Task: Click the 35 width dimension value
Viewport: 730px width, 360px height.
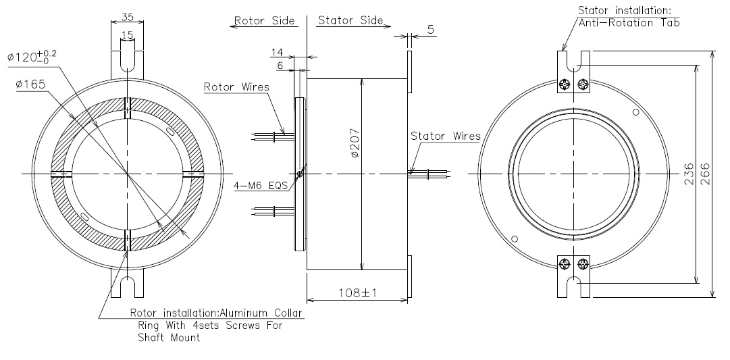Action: point(126,16)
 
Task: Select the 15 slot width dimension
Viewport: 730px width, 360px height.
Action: point(127,34)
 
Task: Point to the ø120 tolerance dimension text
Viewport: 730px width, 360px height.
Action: point(32,57)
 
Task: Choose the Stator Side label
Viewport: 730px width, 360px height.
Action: point(350,21)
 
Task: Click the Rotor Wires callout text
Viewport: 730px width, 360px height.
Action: point(236,87)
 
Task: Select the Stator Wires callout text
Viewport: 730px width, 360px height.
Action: point(445,136)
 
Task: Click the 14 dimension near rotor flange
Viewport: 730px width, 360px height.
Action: point(277,52)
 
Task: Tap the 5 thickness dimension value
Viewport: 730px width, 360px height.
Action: point(431,30)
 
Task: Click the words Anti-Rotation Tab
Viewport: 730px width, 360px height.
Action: point(628,23)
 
